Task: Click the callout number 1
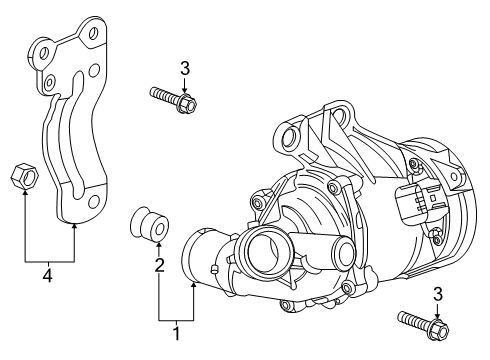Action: click(176, 332)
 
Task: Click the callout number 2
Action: click(158, 265)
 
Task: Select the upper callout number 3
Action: click(185, 68)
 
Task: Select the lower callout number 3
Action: click(436, 293)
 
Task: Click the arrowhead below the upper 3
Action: click(185, 88)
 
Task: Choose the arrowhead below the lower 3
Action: click(436, 313)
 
